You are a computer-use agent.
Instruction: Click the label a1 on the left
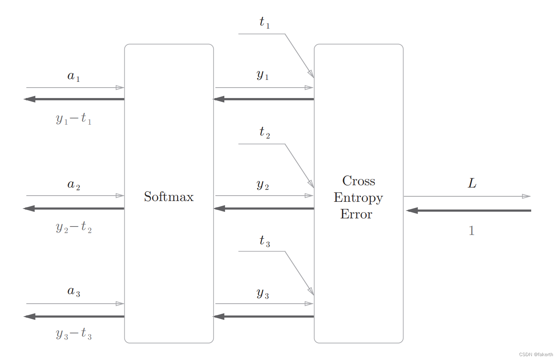tap(73, 76)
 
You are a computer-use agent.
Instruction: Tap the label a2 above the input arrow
tap(73, 185)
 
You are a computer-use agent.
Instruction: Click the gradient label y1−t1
tap(73, 118)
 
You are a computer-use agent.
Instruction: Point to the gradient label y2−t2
tap(73, 227)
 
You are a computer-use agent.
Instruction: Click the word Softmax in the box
tap(169, 197)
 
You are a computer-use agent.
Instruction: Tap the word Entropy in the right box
tap(358, 198)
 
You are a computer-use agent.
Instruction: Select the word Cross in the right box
tap(359, 181)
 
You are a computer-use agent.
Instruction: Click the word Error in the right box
tap(356, 214)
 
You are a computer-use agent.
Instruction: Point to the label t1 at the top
tap(264, 22)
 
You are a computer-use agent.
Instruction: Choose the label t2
tap(264, 132)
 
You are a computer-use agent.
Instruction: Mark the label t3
tap(264, 241)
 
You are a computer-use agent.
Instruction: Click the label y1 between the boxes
tap(263, 75)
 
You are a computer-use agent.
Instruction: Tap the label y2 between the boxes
tap(263, 185)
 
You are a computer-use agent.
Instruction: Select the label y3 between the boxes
tap(263, 293)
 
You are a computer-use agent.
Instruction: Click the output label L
tap(472, 183)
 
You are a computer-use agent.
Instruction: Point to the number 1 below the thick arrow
tap(471, 231)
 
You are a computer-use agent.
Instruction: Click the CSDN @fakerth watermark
tap(536, 354)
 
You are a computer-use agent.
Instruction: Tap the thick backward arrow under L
tap(469, 210)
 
